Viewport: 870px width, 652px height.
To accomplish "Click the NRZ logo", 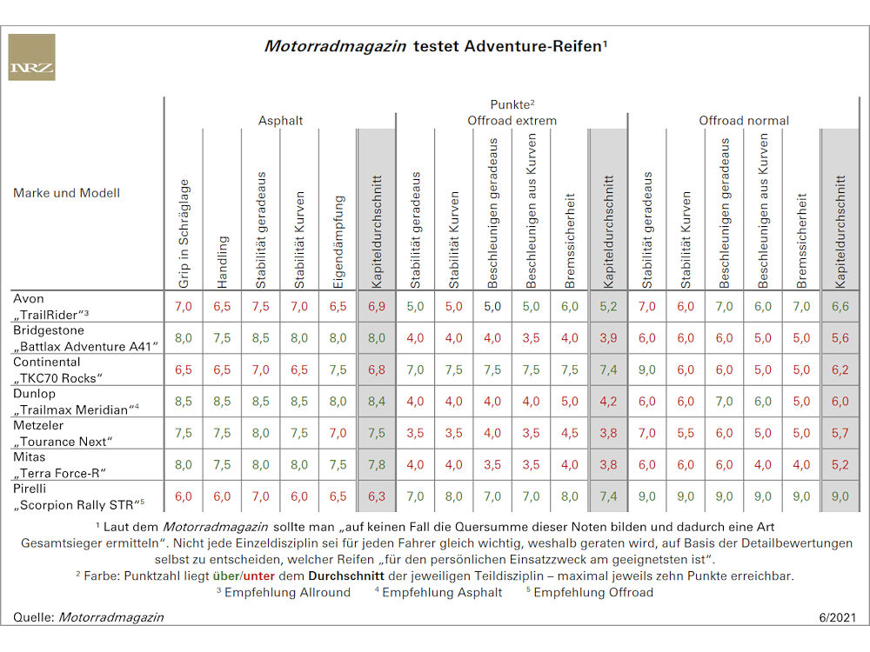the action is (31, 57).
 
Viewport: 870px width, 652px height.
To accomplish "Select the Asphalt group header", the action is (280, 120).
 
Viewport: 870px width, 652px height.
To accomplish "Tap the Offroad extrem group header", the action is (512, 120).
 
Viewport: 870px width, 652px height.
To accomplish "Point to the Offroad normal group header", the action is (744, 120).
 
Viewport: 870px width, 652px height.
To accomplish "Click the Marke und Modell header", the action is (67, 193).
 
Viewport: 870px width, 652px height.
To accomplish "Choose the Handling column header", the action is (222, 262).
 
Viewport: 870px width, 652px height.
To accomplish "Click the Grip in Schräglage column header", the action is (184, 233).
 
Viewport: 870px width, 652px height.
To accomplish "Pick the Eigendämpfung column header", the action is (338, 242).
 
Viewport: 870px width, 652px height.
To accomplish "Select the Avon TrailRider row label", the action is (50, 307).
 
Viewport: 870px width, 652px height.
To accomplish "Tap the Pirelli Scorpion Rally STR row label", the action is (78, 496).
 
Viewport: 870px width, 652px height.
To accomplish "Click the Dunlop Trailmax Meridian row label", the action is (76, 402).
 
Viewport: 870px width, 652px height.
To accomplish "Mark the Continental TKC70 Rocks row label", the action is (57, 370).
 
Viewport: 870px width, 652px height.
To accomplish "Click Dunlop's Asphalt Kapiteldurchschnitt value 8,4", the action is (377, 402).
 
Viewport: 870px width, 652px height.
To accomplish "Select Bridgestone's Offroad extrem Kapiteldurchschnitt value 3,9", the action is (608, 338).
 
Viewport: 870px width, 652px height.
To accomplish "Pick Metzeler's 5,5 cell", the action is (686, 433).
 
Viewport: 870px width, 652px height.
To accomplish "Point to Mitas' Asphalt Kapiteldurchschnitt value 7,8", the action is (377, 464).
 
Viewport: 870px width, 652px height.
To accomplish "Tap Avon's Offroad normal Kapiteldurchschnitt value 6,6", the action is (840, 307).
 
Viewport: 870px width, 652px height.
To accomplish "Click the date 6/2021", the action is (837, 617).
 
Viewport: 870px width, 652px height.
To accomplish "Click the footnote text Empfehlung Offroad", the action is (593, 592).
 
